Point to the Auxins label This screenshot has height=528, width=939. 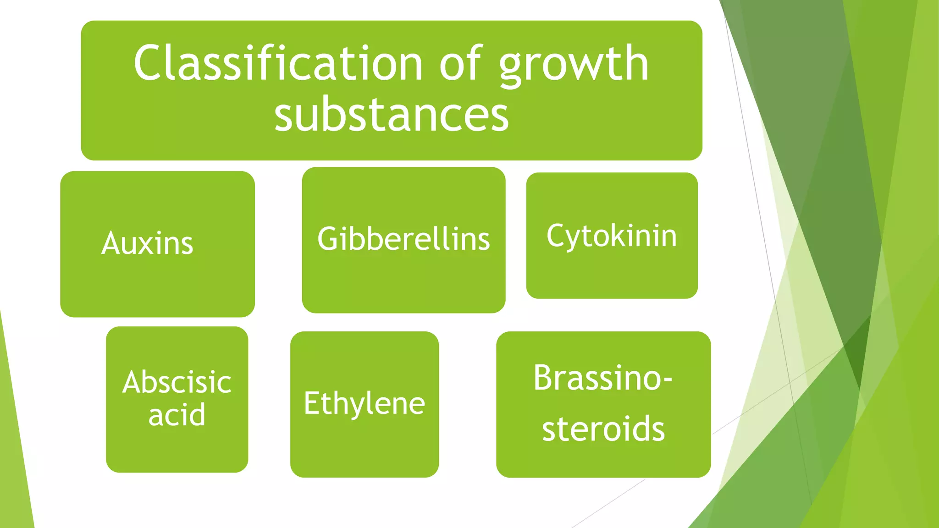[x=147, y=243]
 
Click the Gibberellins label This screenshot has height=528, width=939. [x=403, y=239]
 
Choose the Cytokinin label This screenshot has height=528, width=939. [x=612, y=236]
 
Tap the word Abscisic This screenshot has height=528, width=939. [x=177, y=382]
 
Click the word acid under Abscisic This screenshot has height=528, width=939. [x=177, y=415]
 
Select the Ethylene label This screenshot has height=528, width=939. [x=365, y=404]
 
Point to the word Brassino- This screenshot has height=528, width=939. [x=602, y=378]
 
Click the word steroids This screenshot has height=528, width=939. [x=603, y=429]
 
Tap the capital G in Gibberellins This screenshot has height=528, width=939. [x=329, y=239]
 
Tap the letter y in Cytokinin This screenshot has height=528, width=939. [x=575, y=238]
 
